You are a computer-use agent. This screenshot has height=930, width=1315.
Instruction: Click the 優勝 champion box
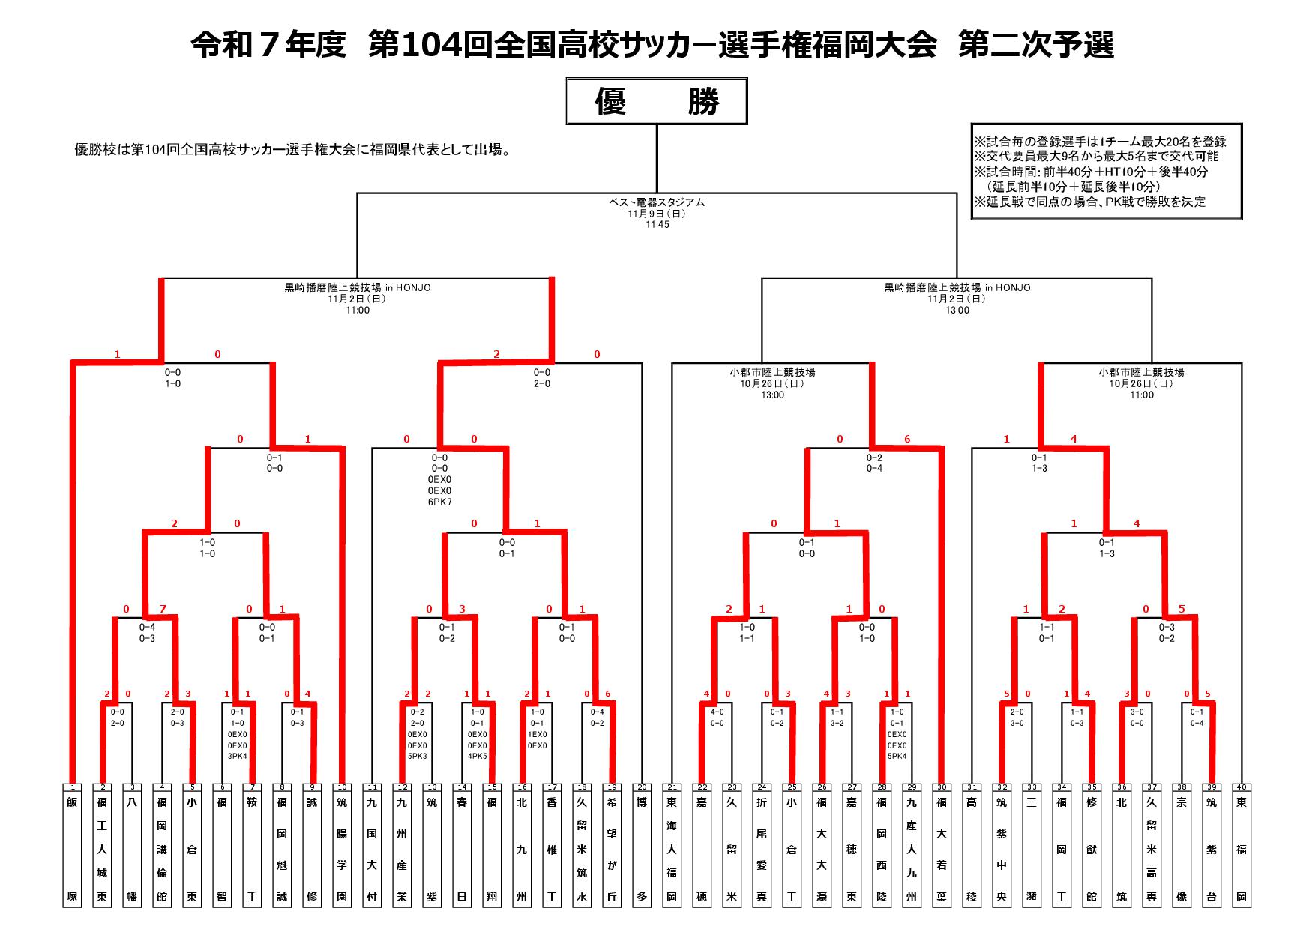pyautogui.click(x=657, y=101)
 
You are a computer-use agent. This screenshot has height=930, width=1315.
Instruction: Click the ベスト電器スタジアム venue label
pyautogui.click(x=657, y=202)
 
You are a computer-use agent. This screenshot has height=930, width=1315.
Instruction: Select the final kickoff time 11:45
pyautogui.click(x=657, y=225)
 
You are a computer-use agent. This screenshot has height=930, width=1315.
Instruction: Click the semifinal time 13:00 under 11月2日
pyautogui.click(x=957, y=310)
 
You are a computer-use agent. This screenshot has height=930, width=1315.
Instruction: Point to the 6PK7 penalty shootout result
pyautogui.click(x=439, y=502)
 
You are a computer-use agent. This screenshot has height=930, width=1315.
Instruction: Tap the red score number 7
pyautogui.click(x=162, y=609)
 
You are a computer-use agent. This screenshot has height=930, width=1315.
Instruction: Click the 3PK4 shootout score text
pyautogui.click(x=237, y=757)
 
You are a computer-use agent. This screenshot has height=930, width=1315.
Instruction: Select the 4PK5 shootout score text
pyautogui.click(x=477, y=757)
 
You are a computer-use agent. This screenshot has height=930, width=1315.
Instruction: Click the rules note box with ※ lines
pyautogui.click(x=1107, y=172)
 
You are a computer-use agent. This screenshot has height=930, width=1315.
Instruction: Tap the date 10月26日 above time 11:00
pyautogui.click(x=1142, y=383)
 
